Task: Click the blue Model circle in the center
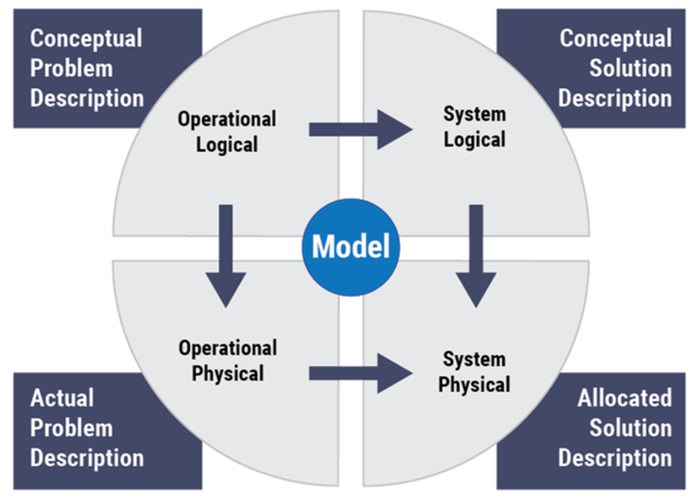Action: [350, 248]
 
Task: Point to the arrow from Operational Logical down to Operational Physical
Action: [225, 255]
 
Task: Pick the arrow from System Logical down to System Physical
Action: [475, 255]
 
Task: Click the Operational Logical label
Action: [227, 131]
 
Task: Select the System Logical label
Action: [474, 126]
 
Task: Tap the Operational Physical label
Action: [227, 361]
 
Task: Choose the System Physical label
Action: [474, 371]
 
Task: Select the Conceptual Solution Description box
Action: [614, 68]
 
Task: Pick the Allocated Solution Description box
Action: [614, 427]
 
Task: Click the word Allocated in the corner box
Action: [625, 398]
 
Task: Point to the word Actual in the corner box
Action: [62, 398]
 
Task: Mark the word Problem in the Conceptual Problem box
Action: [73, 68]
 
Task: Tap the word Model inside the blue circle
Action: [350, 248]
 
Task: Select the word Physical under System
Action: [474, 383]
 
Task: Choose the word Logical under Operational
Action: [227, 144]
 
